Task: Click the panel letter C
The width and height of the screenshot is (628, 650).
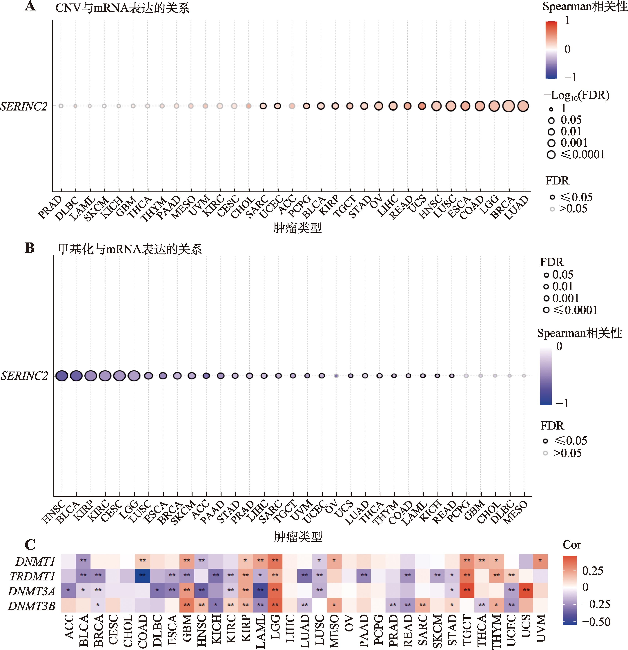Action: click(30, 544)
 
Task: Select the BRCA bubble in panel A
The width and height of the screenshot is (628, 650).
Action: click(509, 106)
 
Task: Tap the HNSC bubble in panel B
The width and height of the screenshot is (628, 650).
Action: click(62, 376)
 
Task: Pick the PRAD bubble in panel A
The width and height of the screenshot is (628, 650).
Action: click(61, 106)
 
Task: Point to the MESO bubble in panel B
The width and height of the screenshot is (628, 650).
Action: click(524, 376)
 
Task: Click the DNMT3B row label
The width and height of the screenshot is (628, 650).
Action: click(32, 606)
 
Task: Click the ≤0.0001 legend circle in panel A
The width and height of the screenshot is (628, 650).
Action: click(551, 155)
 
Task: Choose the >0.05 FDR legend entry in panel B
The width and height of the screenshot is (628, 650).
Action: click(563, 453)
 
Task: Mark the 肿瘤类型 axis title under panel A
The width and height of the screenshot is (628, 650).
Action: click(297, 228)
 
